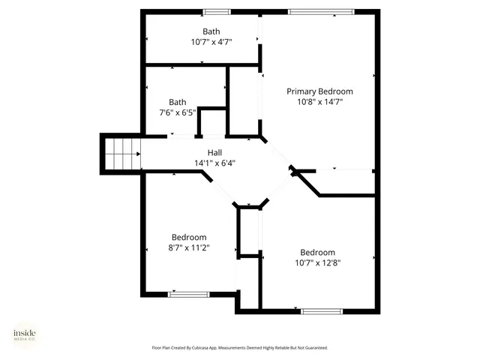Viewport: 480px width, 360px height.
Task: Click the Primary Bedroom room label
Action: [319, 91]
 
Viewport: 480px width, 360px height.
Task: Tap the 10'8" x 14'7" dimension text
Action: [319, 102]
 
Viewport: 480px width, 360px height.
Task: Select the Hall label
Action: [214, 152]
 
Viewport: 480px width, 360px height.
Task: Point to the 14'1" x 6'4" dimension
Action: [214, 163]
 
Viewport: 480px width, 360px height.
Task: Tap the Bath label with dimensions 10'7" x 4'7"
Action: [211, 31]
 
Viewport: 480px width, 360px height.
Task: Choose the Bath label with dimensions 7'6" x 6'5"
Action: [177, 102]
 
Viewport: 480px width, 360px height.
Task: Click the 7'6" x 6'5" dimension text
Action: [177, 112]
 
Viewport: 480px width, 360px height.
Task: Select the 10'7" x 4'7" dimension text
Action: [211, 42]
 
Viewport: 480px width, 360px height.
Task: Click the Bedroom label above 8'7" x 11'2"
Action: [189, 237]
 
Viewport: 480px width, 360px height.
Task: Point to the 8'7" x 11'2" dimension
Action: [189, 247]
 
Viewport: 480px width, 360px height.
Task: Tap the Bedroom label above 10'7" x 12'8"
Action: [318, 252]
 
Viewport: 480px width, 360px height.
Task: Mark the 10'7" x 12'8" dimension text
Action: [318, 262]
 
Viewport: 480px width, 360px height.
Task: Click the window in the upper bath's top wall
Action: [217, 11]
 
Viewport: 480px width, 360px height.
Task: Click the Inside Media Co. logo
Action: [24, 335]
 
